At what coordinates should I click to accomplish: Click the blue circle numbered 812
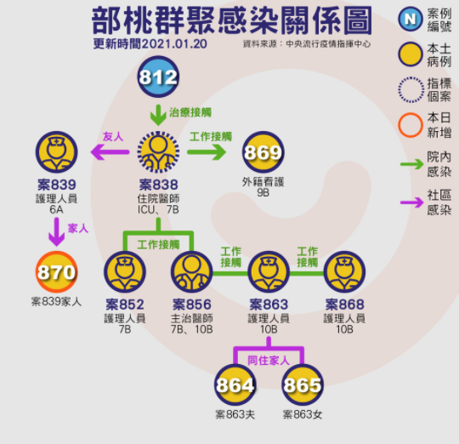click(158, 77)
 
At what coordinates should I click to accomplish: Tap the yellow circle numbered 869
click(263, 151)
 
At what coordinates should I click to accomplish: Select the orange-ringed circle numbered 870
click(56, 271)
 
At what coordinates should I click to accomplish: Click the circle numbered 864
click(235, 384)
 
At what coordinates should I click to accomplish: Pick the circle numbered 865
click(303, 384)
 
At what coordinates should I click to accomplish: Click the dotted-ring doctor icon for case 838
click(158, 152)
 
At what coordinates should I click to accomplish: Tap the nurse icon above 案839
click(56, 151)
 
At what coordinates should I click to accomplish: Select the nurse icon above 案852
click(125, 271)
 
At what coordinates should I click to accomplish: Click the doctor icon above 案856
click(192, 271)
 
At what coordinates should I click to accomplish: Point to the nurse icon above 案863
click(269, 271)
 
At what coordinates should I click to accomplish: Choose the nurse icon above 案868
click(344, 271)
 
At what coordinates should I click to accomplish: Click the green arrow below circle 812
click(158, 115)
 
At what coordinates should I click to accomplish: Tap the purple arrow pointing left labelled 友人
click(110, 152)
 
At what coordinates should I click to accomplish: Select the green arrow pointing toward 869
click(207, 152)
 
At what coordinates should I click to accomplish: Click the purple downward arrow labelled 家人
click(56, 231)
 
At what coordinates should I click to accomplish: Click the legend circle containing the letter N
click(411, 19)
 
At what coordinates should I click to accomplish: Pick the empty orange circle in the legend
click(411, 125)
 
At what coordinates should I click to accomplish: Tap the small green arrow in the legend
click(412, 164)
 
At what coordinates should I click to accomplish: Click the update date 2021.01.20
click(174, 44)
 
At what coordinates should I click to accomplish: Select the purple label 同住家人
click(269, 361)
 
